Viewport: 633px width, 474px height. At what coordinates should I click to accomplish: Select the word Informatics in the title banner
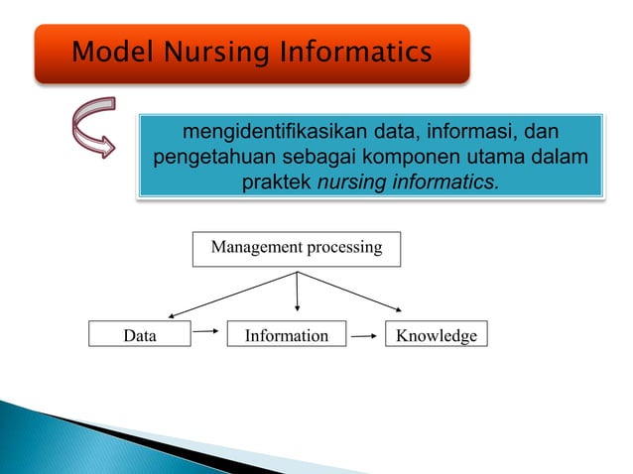click(349, 52)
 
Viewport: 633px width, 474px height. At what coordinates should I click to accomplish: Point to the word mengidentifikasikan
click(264, 132)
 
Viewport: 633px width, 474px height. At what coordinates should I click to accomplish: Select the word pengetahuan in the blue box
click(212, 158)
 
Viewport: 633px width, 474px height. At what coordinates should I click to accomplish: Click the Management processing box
click(296, 248)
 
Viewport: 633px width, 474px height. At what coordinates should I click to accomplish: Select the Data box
click(139, 336)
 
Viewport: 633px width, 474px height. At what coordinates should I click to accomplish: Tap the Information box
click(286, 336)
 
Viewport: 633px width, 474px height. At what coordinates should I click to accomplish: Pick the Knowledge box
click(436, 336)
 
